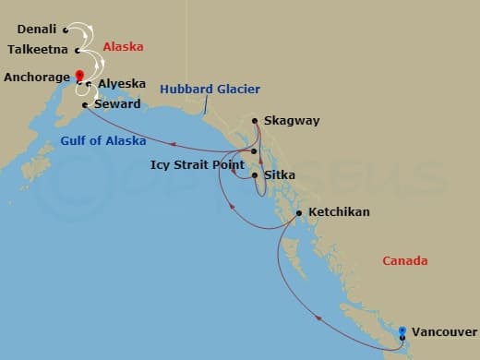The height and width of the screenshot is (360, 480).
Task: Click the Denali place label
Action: point(36,30)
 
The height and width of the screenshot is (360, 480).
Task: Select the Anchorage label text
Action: point(36,77)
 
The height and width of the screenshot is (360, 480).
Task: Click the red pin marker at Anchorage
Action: point(79,76)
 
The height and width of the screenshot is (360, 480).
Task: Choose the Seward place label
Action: point(117,105)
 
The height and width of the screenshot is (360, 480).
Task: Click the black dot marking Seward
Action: point(85,105)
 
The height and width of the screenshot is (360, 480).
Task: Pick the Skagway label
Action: point(291,121)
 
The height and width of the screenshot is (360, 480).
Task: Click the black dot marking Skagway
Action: point(255,121)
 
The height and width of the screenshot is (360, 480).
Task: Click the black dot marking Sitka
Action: point(255,174)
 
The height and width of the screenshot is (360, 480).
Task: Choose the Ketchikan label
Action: point(339,212)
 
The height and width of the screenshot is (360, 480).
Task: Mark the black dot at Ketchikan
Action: point(299,213)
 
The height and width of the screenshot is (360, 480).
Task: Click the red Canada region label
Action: point(405,261)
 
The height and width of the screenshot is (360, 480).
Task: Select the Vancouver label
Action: point(444,330)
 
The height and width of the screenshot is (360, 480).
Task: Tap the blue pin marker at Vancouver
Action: point(402,330)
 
